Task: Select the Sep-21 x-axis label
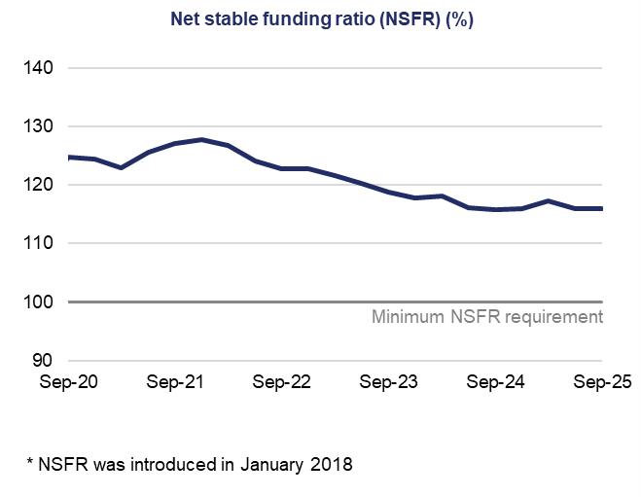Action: pyautogui.click(x=175, y=383)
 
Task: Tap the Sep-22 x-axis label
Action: pyautogui.click(x=282, y=383)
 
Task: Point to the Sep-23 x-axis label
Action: pyautogui.click(x=389, y=383)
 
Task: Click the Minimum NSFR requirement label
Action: pyautogui.click(x=487, y=317)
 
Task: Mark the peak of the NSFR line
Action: pyautogui.click(x=201, y=139)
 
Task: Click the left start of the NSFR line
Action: pyautogui.click(x=69, y=157)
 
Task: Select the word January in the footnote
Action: pyautogui.click(x=269, y=464)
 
